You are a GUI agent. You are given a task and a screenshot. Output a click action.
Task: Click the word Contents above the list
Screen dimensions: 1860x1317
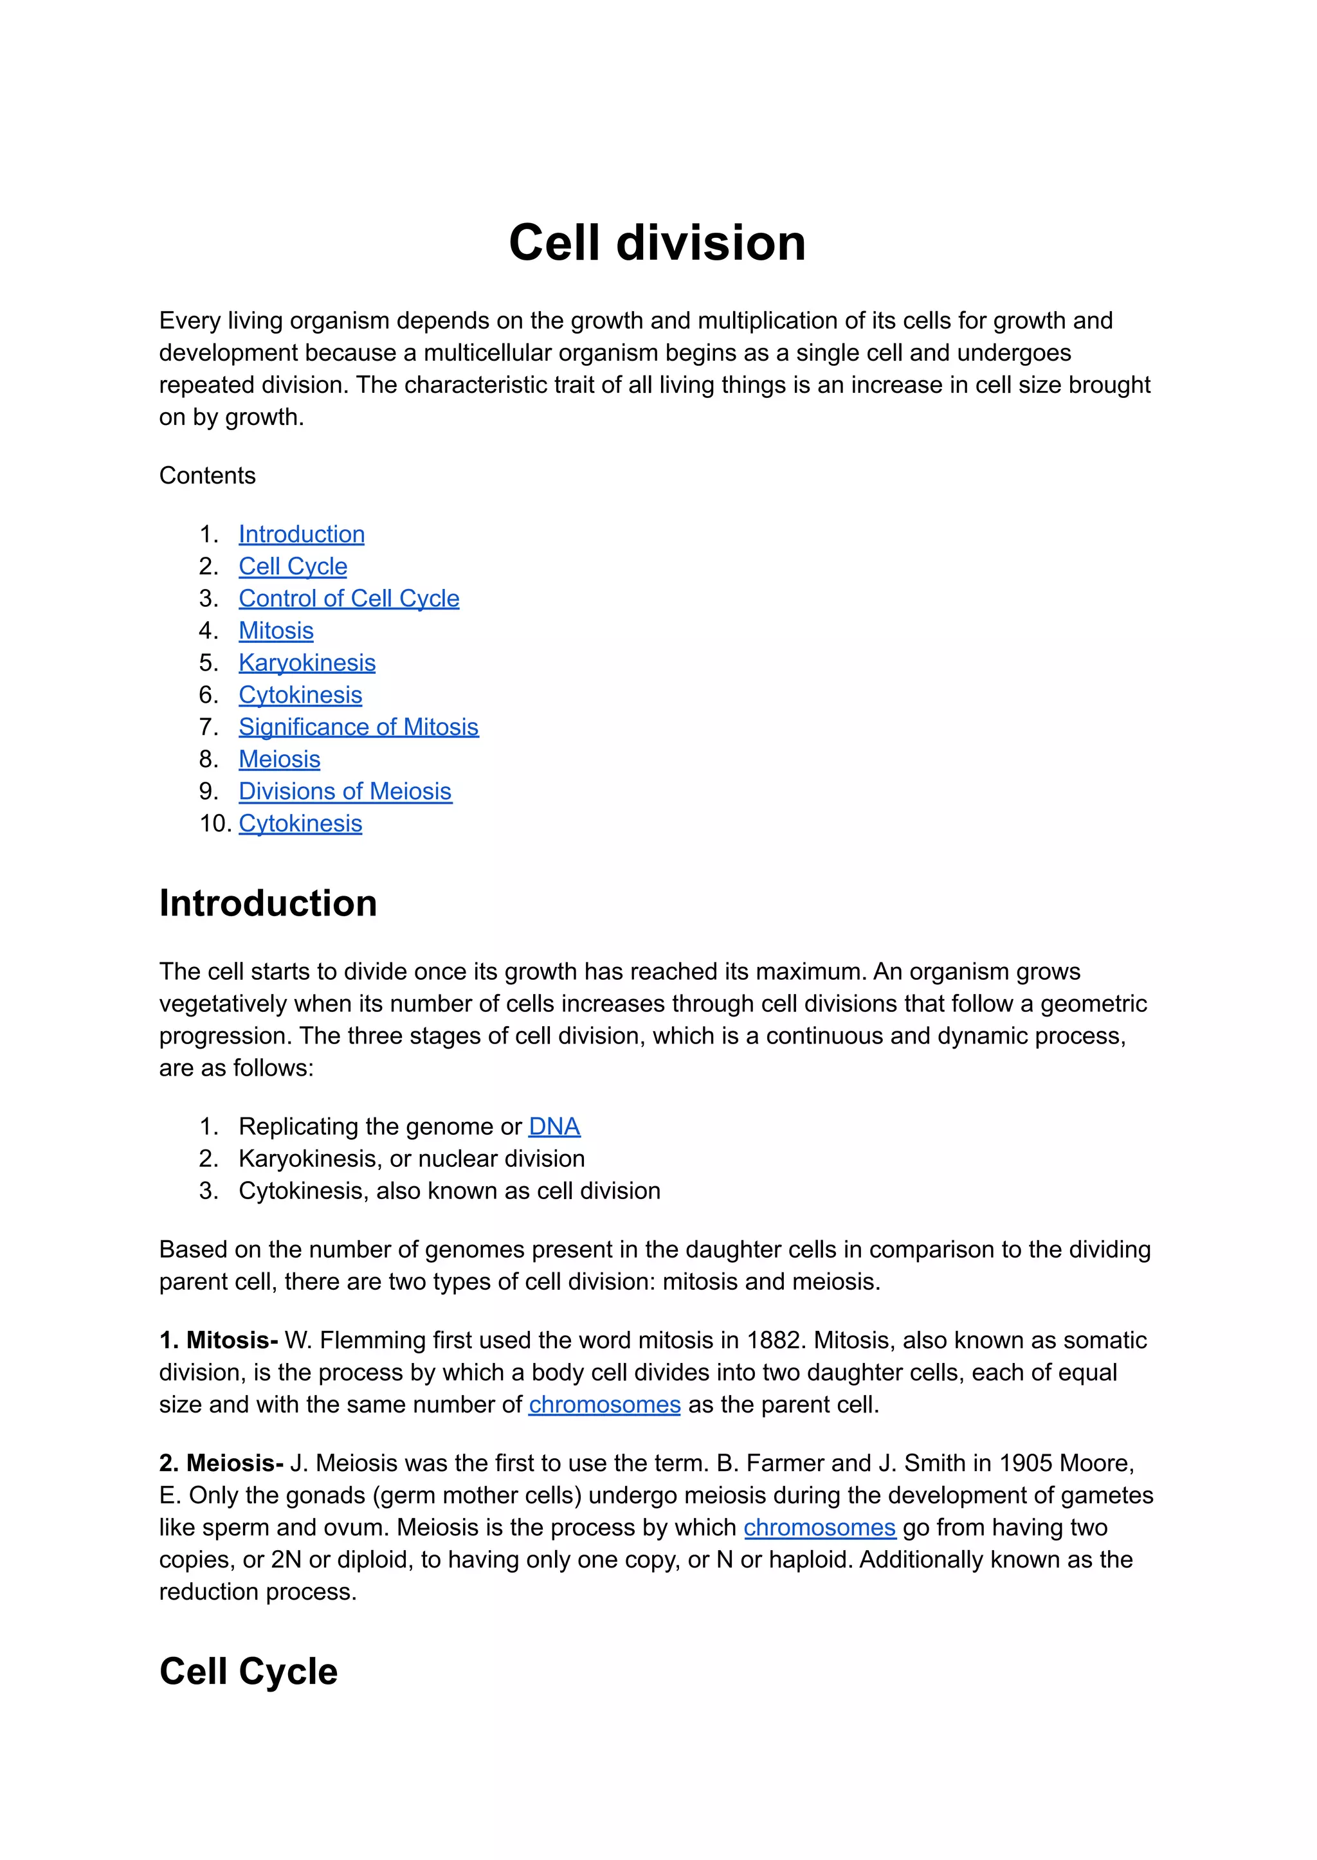(x=207, y=475)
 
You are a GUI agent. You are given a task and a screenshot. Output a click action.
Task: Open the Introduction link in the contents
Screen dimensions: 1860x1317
(x=301, y=534)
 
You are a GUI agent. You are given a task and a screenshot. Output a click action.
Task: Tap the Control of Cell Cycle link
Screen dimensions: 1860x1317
(x=349, y=599)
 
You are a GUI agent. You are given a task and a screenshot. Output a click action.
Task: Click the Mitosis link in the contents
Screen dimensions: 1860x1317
(x=276, y=631)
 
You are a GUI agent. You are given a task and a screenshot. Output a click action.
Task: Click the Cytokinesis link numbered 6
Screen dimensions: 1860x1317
(x=300, y=695)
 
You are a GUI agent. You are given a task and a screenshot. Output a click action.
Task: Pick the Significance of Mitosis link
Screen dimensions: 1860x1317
(x=358, y=727)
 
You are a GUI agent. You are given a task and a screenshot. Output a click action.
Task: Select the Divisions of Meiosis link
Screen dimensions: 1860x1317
(x=345, y=791)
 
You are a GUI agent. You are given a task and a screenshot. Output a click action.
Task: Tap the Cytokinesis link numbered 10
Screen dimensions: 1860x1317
(x=300, y=824)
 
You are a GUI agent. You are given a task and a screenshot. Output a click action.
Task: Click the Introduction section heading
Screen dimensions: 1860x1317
(x=268, y=903)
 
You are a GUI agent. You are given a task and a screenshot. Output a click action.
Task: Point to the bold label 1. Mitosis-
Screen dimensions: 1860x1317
(x=218, y=1341)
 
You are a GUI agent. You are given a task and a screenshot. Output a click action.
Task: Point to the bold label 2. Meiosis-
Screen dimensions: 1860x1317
(x=221, y=1463)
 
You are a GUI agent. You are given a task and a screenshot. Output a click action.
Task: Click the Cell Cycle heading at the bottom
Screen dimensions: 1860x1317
(x=248, y=1672)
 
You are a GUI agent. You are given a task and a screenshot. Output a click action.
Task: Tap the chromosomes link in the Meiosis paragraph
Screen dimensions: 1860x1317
(x=819, y=1528)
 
